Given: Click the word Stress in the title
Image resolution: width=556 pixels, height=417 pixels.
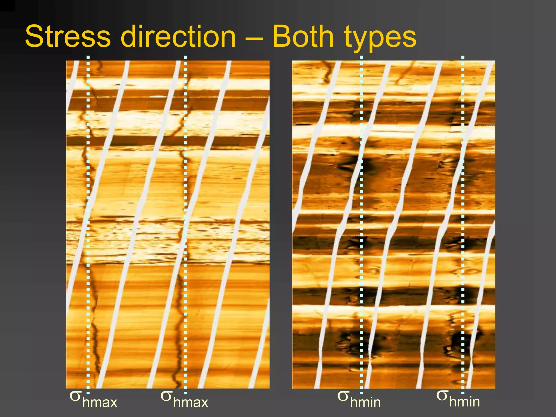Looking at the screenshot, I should click(68, 37).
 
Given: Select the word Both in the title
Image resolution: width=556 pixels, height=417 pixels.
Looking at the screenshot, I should click(303, 37).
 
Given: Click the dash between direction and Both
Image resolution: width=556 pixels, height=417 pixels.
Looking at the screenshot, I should click(254, 38).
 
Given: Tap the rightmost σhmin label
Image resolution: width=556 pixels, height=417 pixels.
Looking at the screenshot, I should click(458, 399).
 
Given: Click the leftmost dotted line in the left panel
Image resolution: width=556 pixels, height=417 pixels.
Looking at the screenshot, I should click(88, 217).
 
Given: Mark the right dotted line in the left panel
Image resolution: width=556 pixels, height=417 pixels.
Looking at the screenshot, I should click(185, 217).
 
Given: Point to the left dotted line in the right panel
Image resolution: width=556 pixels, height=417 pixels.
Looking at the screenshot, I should click(361, 217).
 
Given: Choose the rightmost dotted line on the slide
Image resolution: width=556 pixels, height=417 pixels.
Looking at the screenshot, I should click(463, 217).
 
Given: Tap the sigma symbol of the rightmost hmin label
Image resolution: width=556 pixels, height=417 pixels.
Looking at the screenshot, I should click(442, 396).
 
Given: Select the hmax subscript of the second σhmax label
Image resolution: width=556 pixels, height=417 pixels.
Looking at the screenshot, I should click(191, 402).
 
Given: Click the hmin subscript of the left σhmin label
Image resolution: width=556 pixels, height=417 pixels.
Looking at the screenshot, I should click(365, 402).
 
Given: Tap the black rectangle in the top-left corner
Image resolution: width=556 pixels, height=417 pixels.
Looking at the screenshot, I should click(7, 6).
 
